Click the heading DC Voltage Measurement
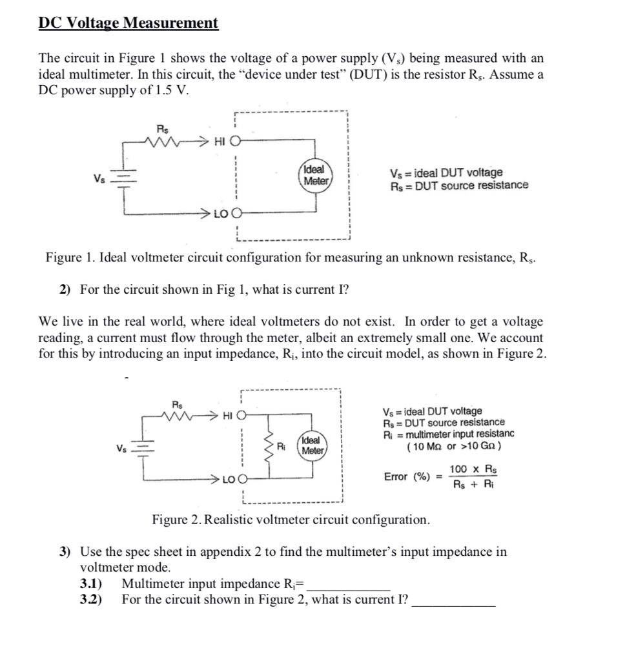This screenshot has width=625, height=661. (x=128, y=23)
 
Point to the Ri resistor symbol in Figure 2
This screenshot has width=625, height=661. (x=269, y=446)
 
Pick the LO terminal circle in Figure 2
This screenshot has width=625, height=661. (x=241, y=480)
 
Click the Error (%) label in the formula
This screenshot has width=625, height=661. (x=407, y=477)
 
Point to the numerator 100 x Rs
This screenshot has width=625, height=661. (x=473, y=469)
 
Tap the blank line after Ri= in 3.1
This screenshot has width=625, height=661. (x=348, y=585)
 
